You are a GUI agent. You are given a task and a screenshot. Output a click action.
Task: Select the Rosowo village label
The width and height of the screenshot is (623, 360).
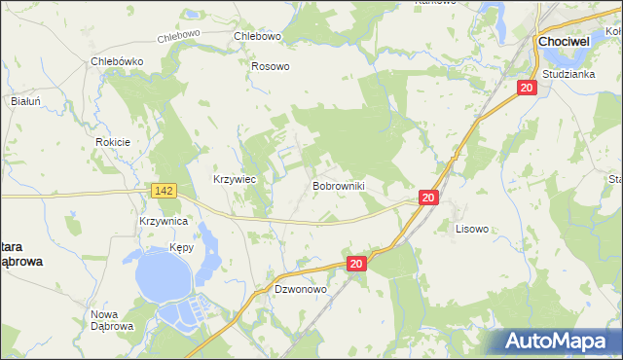[271, 66]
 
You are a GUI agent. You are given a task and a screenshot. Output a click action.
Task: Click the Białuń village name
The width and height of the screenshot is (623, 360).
[24, 100]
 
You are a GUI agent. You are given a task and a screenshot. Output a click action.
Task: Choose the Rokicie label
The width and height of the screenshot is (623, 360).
[113, 141]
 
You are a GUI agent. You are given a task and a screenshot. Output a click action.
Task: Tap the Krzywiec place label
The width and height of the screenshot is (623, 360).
[234, 179]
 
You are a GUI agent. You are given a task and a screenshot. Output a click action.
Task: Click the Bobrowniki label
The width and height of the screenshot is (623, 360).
[338, 184]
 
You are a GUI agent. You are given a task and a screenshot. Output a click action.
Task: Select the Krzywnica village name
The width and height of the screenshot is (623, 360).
[163, 222]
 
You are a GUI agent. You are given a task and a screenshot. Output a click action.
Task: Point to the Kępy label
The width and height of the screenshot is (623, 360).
[181, 247]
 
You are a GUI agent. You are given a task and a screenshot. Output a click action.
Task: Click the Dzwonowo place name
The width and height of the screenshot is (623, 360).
[300, 290]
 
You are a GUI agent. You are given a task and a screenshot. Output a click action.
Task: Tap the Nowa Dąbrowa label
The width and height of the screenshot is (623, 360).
[112, 320]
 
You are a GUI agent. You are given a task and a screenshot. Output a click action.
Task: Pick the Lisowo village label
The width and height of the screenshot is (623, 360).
[472, 230]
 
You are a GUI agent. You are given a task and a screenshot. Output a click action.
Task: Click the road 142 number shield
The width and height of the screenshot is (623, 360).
[164, 192]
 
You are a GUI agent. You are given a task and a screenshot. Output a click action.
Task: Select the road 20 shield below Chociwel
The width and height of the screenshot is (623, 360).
[527, 88]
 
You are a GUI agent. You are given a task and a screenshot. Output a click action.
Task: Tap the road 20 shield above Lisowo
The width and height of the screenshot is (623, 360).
[428, 198]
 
